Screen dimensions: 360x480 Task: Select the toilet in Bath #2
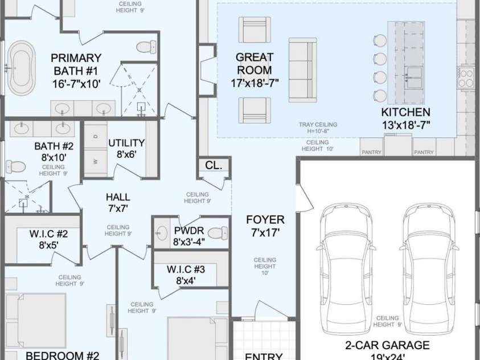pos(15,167)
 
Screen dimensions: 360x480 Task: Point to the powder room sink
pos(161,232)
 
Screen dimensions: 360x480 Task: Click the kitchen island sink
pos(414,73)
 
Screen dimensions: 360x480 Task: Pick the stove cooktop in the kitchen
pos(465,77)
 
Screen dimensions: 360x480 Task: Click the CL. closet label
pos(214,165)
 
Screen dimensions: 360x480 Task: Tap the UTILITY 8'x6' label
pos(126,148)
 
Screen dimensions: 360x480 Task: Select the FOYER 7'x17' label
pos(265,226)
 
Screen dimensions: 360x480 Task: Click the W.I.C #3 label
pos(186,275)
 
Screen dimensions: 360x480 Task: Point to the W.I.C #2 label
pos(49,238)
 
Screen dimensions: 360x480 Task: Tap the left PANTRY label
pos(371,152)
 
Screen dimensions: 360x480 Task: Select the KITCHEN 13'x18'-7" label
pos(405,118)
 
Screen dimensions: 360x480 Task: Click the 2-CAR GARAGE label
pos(387,350)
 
